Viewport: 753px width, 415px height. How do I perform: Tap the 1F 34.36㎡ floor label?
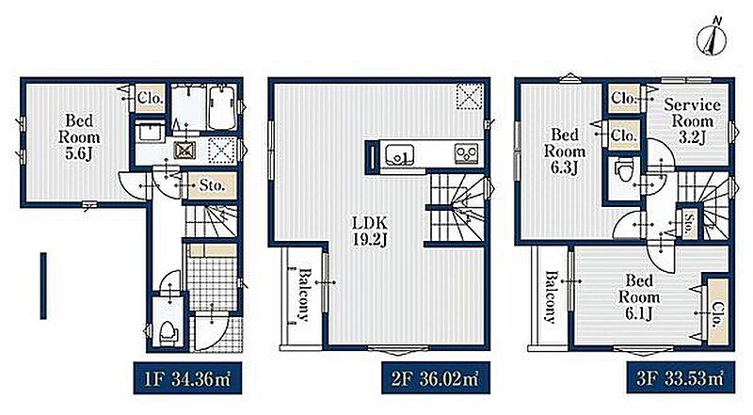187,378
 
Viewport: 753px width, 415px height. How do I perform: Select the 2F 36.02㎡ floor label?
436,378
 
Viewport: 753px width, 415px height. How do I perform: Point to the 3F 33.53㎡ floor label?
680,378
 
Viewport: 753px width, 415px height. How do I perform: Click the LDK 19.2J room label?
370,231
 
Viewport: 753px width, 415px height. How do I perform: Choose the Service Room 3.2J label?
692,121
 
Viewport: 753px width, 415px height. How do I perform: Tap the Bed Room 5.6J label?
79,136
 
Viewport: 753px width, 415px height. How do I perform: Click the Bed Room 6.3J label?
564,151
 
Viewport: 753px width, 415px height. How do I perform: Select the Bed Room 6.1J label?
639,297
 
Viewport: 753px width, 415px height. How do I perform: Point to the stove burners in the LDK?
467,154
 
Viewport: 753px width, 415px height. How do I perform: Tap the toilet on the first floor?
168,332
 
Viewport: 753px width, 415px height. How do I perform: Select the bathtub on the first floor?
222,107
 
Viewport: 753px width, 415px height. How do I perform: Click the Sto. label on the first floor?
212,185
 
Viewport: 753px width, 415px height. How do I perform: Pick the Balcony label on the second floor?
304,295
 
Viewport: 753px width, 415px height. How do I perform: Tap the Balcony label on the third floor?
551,296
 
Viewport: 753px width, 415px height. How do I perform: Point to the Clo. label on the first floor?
151,99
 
